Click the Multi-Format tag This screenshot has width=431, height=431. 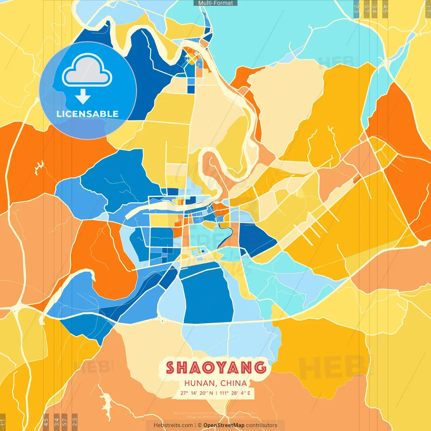pos(215,3)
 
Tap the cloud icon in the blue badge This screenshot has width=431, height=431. pos(87,70)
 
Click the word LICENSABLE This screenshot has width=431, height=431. pos(88,114)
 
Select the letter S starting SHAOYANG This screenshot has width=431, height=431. pos(171,368)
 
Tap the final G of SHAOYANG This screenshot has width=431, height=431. pos(260,368)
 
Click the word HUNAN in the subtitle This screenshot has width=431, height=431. pos(200,383)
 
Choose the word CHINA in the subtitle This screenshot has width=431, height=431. pos(234,383)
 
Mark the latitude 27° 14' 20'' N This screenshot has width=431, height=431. pos(197,393)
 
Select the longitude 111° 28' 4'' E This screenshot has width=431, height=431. pos(235,393)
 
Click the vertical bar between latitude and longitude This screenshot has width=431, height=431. pos(216,393)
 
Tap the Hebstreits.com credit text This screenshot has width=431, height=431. pos(173,425)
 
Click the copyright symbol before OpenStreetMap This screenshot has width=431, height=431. pos(200,425)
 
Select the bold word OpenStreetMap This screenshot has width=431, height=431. pos(224,425)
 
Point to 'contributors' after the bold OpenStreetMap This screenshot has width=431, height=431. pos(262,425)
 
